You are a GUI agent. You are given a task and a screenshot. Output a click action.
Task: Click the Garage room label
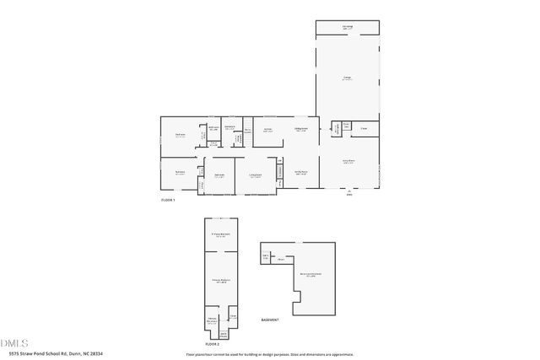coord(347,78)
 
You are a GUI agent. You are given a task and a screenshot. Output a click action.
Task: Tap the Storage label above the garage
coord(347,27)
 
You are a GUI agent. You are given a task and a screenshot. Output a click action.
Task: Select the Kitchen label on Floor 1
coord(267,131)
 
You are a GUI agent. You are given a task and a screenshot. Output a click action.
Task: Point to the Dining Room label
coord(300,130)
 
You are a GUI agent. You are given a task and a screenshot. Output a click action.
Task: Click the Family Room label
coord(300,173)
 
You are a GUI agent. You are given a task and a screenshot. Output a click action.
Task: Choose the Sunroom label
coord(180,173)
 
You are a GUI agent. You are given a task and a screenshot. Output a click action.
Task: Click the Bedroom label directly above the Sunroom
coord(180,135)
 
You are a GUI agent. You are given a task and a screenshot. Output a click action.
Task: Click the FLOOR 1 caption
coord(168,200)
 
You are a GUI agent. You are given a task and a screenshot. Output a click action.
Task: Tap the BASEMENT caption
coord(270,320)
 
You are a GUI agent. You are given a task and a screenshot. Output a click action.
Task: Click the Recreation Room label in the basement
coord(310,274)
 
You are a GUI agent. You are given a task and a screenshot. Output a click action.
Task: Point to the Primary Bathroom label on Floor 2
coord(219,282)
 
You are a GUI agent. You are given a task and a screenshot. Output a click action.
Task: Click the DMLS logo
coord(14,343)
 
